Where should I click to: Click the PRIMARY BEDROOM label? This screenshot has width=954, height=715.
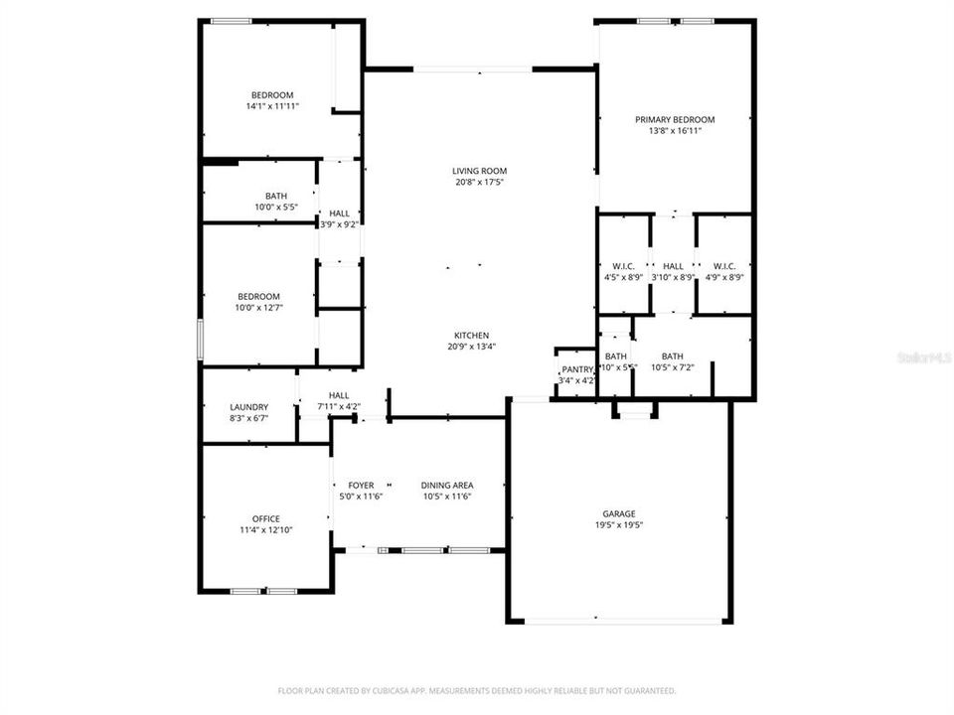click(675, 119)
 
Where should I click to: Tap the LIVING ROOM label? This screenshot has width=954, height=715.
click(480, 171)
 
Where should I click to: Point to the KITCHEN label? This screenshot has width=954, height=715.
click(472, 336)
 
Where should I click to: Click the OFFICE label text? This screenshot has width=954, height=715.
click(265, 518)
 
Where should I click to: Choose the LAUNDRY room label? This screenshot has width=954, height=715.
click(248, 407)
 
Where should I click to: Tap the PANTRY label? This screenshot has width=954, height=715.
click(577, 369)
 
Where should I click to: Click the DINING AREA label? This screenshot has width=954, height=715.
click(446, 485)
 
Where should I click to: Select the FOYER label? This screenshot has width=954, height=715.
click(361, 485)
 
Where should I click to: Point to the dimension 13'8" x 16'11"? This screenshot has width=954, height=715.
click(675, 131)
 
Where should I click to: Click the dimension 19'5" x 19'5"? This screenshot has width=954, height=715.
click(618, 525)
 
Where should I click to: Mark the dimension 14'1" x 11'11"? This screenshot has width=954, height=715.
click(271, 106)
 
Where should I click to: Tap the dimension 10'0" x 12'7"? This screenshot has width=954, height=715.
click(257, 308)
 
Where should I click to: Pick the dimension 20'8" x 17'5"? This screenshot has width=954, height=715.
click(480, 183)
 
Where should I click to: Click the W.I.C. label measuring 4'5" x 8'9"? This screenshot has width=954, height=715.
click(623, 265)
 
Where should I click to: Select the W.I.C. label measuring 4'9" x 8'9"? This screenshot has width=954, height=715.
click(723, 265)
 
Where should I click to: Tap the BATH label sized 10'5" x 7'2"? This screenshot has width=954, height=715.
click(673, 357)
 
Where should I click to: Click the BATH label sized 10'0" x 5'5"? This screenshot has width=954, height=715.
click(275, 196)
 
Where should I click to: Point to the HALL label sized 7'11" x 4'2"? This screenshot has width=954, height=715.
click(339, 394)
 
